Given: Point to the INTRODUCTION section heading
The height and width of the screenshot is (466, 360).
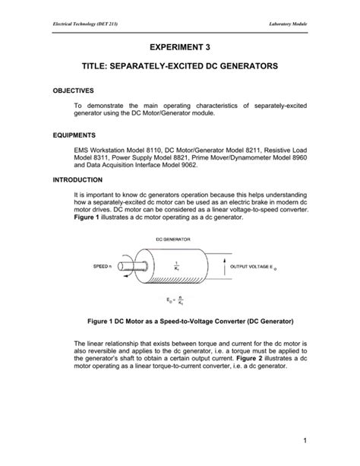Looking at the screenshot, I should coord(78,180).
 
